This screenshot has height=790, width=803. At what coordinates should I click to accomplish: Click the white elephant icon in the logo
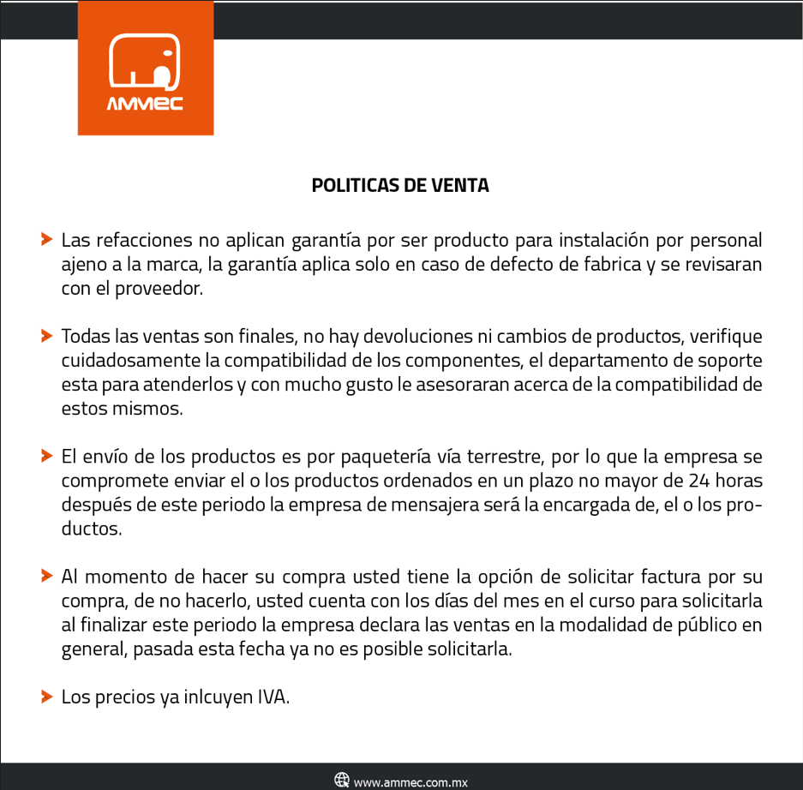tap(145, 63)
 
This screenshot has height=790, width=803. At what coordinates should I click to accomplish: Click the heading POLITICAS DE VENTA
tap(400, 185)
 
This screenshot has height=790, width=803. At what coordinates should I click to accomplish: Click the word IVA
tap(273, 697)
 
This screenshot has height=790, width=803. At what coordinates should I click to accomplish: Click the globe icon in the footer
tap(342, 780)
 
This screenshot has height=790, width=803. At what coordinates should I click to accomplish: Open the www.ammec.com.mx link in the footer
tap(410, 781)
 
